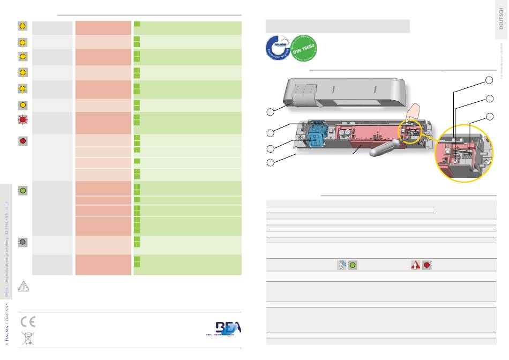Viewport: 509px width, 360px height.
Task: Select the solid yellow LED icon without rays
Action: coord(23,104)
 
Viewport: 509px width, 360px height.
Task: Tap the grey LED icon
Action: coord(23,242)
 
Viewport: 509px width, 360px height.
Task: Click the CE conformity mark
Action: coord(28,322)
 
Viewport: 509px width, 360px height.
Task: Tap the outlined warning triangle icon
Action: coord(24,286)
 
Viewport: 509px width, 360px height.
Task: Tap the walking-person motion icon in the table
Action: coord(342,265)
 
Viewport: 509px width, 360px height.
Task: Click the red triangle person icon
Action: coord(415,265)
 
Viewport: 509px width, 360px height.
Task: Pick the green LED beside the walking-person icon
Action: coord(353,265)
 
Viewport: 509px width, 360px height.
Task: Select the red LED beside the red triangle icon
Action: coord(426,265)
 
